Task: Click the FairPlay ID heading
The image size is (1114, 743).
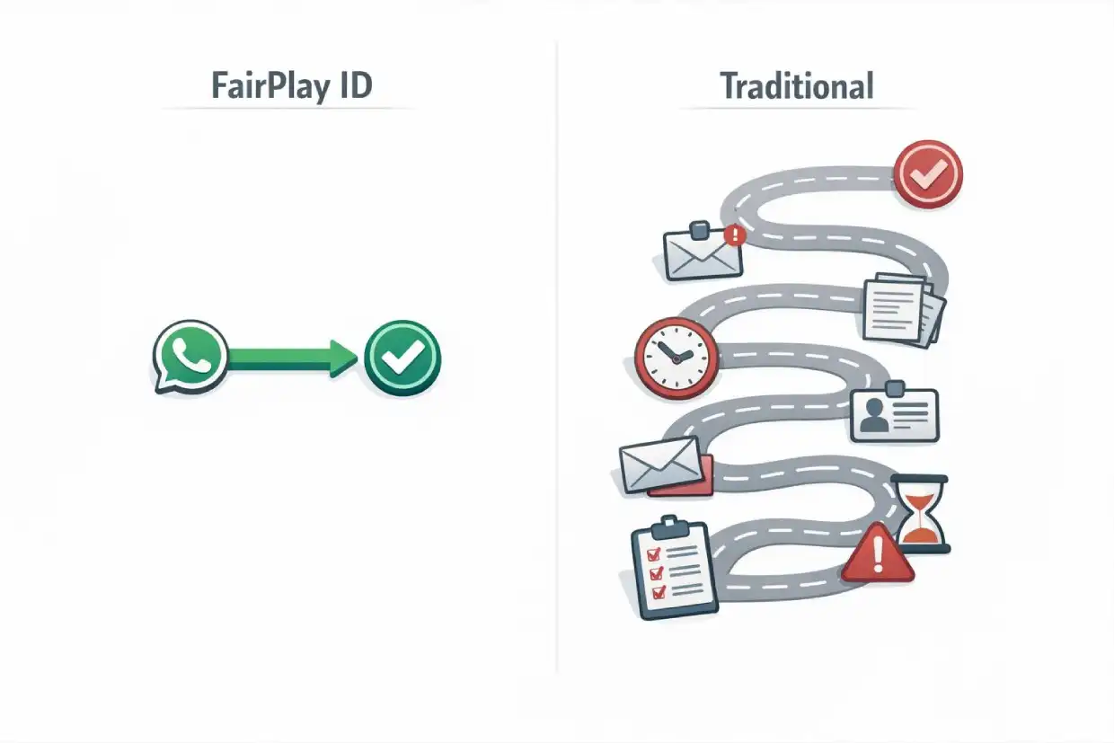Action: point(291,86)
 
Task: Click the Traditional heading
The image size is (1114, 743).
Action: point(796,86)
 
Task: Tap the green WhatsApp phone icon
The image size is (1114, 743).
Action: point(190,356)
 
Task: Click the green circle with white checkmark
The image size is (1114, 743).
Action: point(403,358)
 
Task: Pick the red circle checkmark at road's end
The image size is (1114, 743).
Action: point(928,174)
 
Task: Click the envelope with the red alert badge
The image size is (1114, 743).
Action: point(703,251)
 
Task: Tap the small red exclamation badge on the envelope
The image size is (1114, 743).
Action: point(735,235)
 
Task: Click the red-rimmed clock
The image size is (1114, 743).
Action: point(676,358)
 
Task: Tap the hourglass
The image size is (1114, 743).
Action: point(919,513)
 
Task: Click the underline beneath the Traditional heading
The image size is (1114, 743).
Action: point(796,109)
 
